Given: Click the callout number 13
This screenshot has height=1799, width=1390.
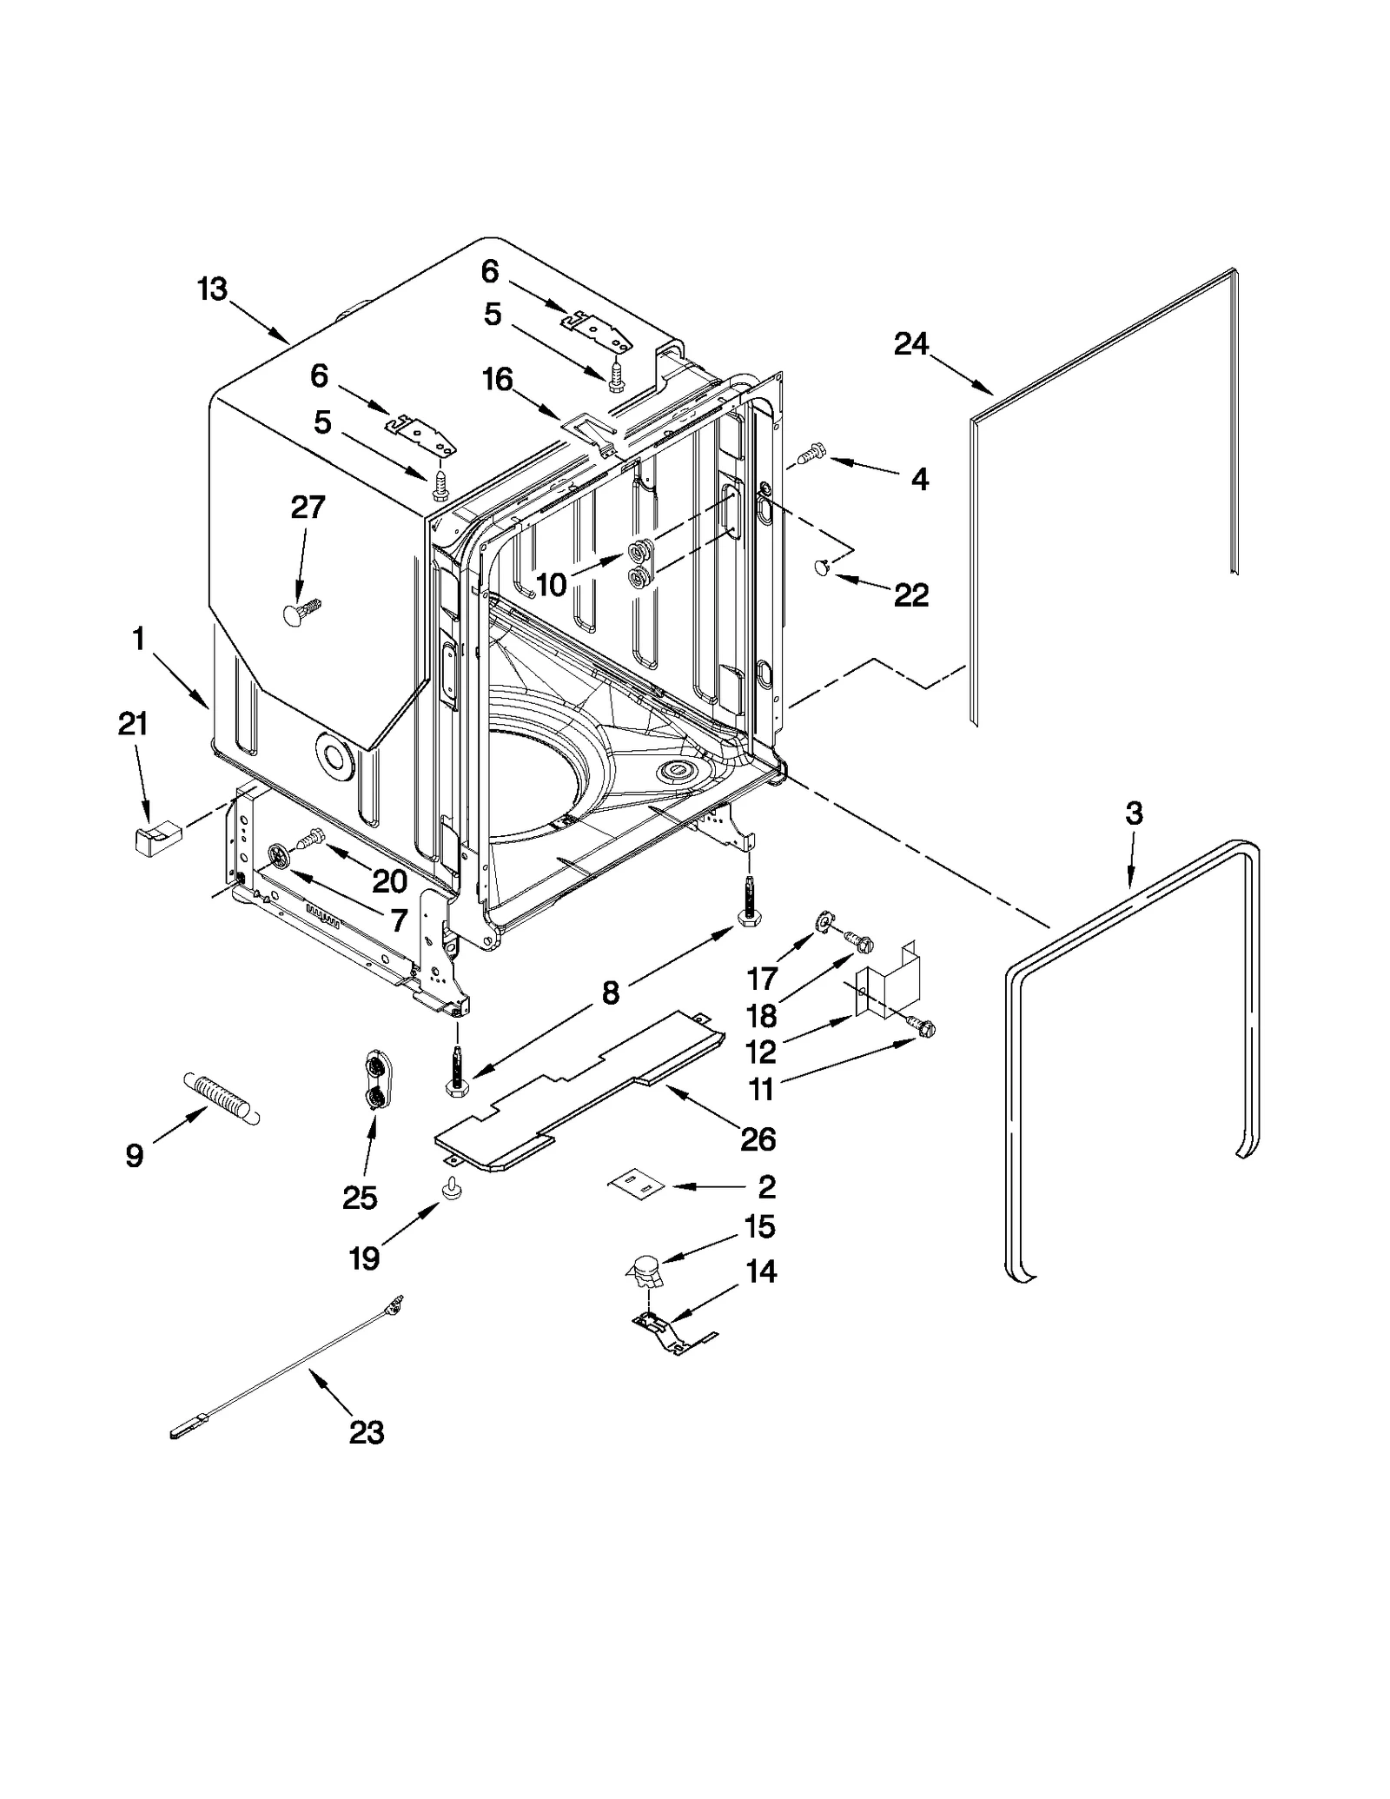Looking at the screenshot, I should tap(212, 289).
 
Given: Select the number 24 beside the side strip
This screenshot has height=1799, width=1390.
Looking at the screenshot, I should tap(911, 345).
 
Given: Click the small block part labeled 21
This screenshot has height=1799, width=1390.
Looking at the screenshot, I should tap(155, 840).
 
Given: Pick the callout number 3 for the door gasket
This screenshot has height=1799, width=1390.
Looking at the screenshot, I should tap(1134, 814).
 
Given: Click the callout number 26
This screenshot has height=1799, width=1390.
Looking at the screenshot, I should tap(758, 1138).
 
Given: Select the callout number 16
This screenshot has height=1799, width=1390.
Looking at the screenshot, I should tap(498, 380).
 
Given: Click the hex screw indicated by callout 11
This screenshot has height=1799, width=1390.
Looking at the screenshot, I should tap(924, 1029).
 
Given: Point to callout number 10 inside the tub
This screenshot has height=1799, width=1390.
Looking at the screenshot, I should tap(552, 585).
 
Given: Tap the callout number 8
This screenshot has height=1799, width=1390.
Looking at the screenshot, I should tap(611, 992).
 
